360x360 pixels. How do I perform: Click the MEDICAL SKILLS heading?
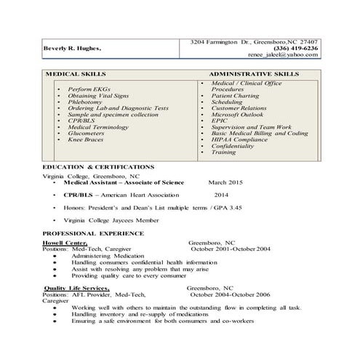click(76, 74)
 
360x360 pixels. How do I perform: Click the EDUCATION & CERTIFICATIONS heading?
click(97, 167)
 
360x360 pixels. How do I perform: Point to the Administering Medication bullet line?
click(108, 255)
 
